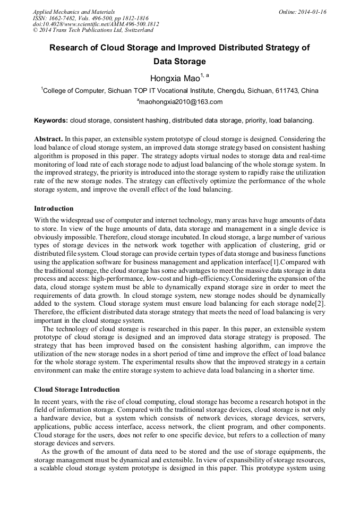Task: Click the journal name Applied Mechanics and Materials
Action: pos(73,12)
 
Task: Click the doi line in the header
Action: pos(96,24)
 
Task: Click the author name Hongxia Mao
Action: pos(175,79)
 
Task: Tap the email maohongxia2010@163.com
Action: pos(180,102)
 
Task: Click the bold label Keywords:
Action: pos(51,120)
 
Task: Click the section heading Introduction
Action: pos(54,208)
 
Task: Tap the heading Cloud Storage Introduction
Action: pos(76,390)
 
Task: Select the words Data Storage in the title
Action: pos(180,62)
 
